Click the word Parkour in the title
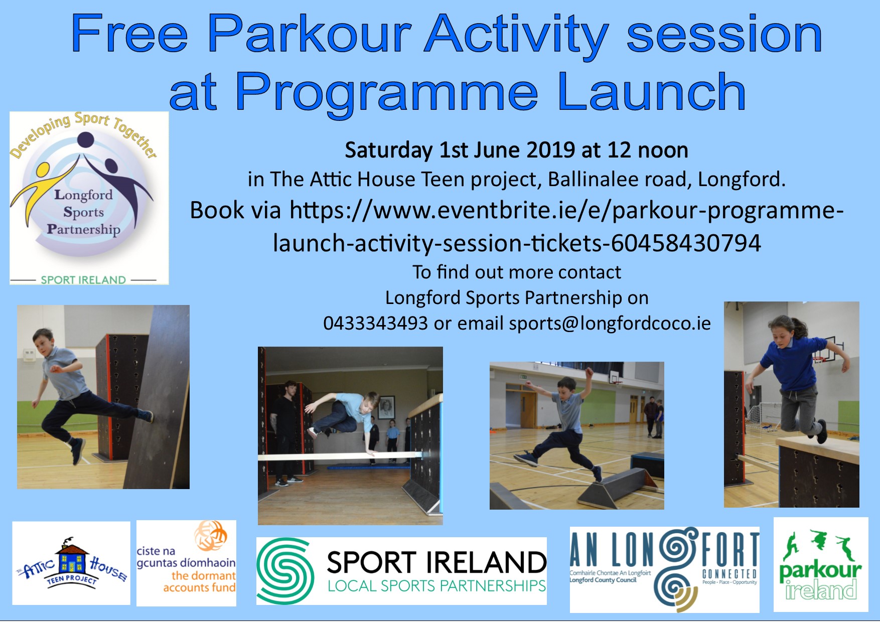[x=309, y=34]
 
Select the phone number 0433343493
[x=375, y=323]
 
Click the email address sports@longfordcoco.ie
[x=610, y=324]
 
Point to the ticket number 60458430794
[x=686, y=243]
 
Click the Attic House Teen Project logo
[x=71, y=563]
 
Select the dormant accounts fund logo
[x=186, y=563]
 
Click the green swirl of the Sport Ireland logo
[x=285, y=571]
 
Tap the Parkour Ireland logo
[x=820, y=565]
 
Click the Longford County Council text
[x=603, y=580]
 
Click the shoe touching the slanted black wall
[x=148, y=415]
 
